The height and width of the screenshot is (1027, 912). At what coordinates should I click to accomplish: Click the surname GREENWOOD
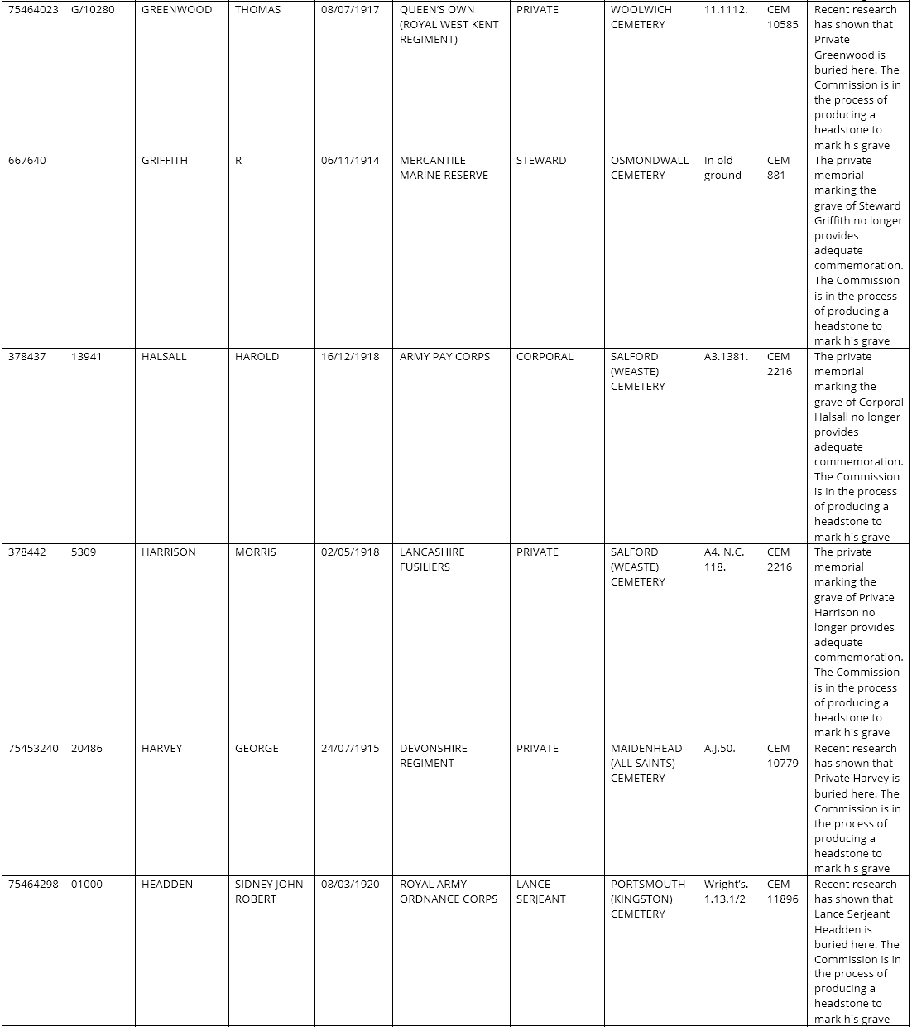click(176, 10)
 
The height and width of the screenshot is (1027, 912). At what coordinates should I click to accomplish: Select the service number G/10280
click(93, 10)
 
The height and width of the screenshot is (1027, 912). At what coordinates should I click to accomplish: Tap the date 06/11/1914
click(350, 161)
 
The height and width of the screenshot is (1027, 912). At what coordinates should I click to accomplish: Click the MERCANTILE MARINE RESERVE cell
click(444, 168)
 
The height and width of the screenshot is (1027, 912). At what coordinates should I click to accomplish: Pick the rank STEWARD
click(541, 161)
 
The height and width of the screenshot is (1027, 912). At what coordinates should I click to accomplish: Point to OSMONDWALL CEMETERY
click(649, 168)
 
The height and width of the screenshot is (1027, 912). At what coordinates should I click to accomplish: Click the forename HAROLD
click(257, 357)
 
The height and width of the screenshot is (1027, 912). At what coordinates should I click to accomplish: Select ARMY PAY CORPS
click(444, 357)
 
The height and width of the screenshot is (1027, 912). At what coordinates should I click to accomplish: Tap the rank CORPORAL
click(545, 357)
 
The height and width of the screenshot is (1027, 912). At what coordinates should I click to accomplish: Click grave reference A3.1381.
click(726, 357)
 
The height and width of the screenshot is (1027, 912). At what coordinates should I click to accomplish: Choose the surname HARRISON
click(169, 552)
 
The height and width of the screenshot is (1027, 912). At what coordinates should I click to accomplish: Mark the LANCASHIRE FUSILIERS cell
click(432, 560)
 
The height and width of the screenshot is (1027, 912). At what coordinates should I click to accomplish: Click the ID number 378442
click(27, 552)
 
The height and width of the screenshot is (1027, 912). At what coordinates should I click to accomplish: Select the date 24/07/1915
click(350, 749)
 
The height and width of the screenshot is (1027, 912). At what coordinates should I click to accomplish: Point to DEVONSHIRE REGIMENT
click(434, 756)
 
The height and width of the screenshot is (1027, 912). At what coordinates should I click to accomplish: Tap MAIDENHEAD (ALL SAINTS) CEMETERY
click(646, 764)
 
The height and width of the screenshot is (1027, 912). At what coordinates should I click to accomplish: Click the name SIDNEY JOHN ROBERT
click(268, 892)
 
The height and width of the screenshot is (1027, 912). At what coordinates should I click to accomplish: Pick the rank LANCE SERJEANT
click(540, 892)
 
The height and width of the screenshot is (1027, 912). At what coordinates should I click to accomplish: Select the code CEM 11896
click(782, 892)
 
